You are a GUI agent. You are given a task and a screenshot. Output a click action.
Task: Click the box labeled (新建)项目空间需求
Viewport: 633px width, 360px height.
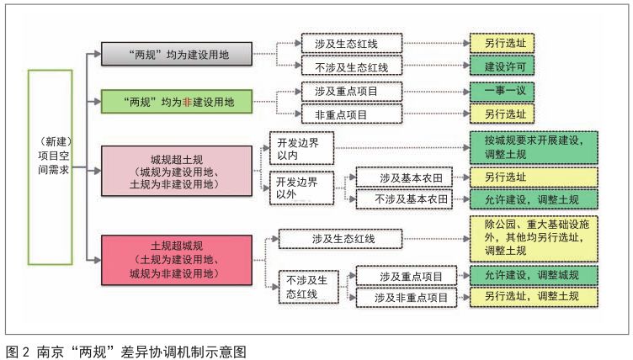coord(50,167)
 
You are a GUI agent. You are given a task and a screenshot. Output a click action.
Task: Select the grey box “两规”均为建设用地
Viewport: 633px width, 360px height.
coord(177,54)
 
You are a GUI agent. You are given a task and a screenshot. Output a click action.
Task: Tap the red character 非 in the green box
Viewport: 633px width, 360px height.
coord(187,102)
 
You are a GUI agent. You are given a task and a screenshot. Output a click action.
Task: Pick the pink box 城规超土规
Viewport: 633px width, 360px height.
coord(177,171)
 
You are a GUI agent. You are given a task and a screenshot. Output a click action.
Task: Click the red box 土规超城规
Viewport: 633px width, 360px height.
coord(177,260)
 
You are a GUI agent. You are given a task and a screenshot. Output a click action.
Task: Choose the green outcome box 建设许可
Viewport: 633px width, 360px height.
coord(502,66)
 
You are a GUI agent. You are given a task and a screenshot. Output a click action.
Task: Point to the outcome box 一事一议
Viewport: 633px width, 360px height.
coord(502,91)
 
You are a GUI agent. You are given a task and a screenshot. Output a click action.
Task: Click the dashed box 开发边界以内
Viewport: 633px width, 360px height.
coord(301,148)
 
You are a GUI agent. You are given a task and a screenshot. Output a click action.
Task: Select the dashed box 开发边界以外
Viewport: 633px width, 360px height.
coord(301,188)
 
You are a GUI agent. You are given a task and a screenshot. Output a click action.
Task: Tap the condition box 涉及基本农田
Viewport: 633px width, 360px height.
coord(404,177)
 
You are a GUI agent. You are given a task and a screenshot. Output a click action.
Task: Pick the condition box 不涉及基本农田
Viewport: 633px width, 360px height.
coord(404,199)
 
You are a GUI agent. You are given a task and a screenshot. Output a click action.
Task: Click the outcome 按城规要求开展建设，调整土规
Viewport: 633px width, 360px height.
coord(534,147)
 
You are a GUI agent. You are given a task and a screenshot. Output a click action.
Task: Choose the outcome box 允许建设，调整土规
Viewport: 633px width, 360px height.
coord(534,199)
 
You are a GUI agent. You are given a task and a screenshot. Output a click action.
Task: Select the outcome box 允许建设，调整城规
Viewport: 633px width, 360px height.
coord(534,276)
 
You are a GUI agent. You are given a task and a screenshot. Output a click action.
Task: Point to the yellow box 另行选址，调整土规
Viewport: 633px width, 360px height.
coord(534,298)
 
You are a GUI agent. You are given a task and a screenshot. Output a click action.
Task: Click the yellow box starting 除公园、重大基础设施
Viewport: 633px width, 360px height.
coord(534,238)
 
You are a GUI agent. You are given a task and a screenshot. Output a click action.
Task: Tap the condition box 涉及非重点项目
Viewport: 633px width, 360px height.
coord(406,298)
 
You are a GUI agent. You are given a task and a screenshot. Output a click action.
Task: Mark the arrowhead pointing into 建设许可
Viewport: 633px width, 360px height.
coord(466,66)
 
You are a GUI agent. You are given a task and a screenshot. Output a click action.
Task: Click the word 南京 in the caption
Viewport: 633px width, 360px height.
coord(50,352)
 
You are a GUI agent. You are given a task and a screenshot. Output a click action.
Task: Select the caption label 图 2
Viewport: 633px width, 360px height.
coord(18,352)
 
